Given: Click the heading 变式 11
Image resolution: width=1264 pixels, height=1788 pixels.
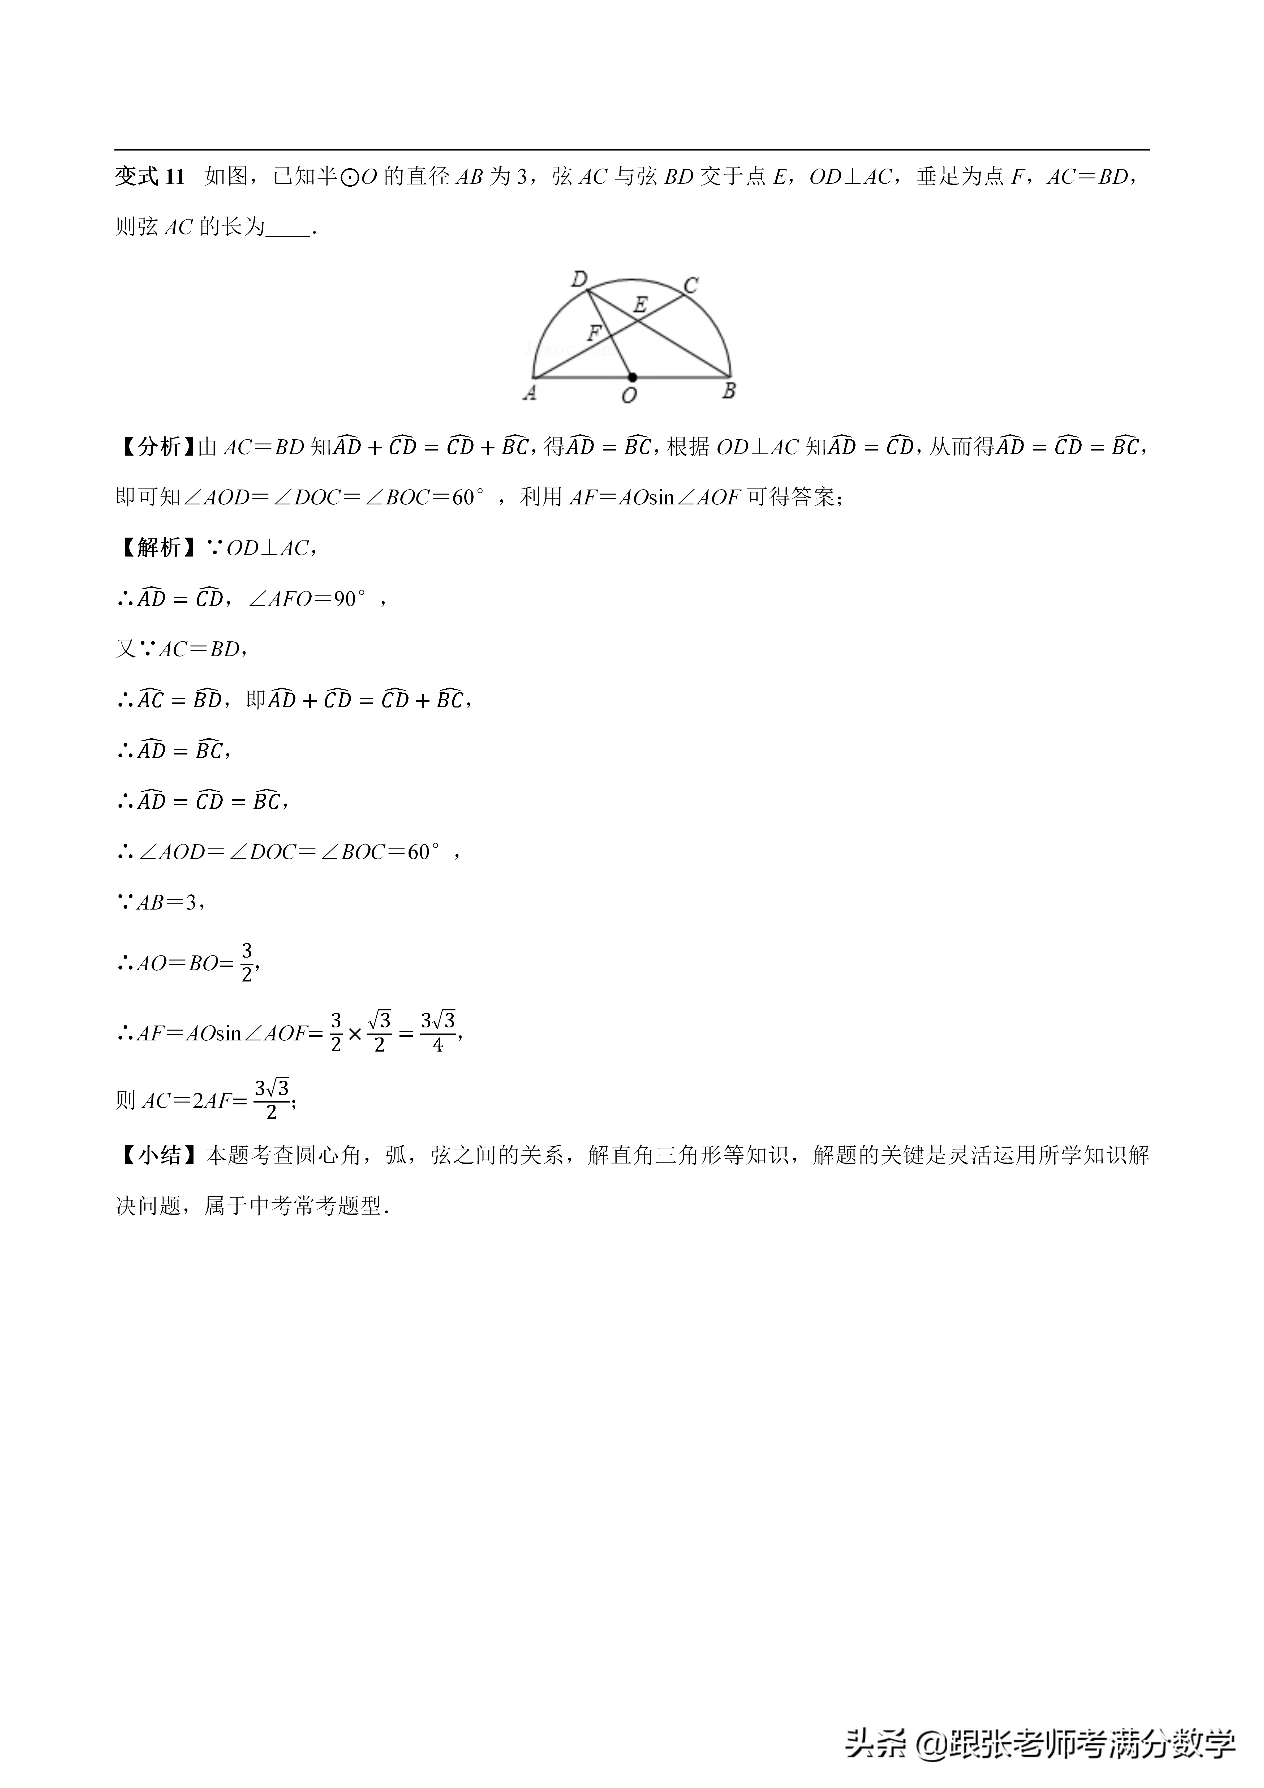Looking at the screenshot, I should (149, 177).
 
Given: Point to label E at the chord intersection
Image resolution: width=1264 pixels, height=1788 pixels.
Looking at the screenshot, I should (640, 305).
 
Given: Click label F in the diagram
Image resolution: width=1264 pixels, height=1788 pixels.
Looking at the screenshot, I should (594, 333).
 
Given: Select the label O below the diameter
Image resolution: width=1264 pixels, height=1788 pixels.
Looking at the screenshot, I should (629, 396).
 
